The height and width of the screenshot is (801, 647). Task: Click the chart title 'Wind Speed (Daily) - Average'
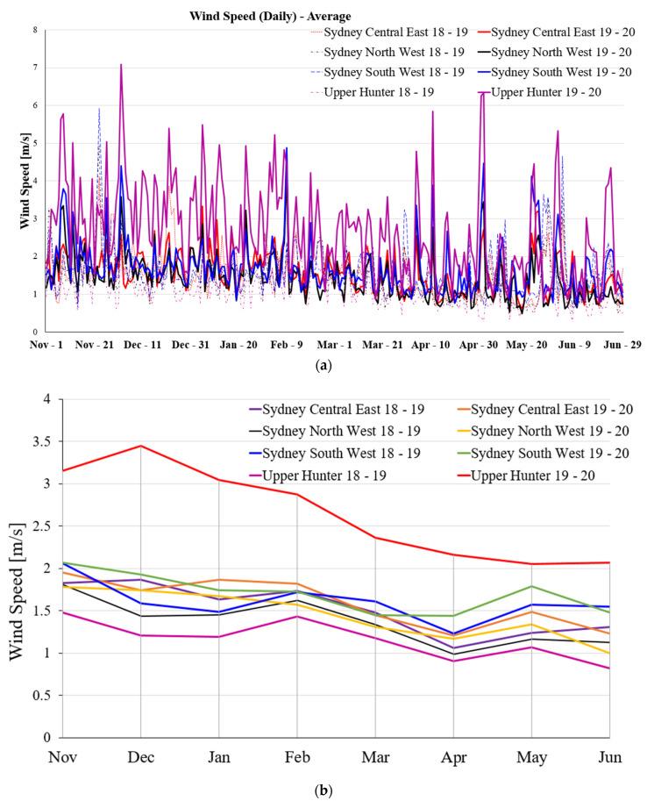[x=270, y=16]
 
